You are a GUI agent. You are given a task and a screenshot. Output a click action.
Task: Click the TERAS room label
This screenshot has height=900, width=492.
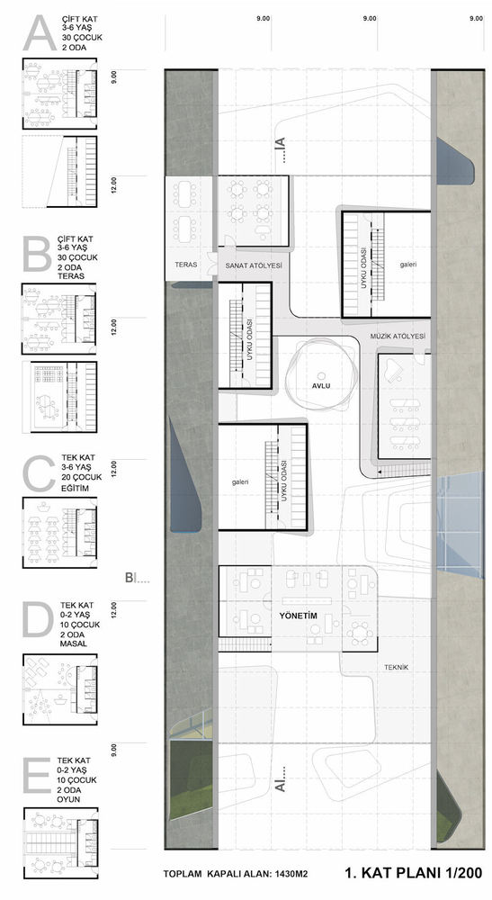(x=186, y=265)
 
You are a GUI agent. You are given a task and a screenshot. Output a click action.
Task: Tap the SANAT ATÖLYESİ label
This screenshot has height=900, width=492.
(x=254, y=265)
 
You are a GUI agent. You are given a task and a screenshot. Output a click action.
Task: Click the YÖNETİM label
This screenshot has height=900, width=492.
(x=299, y=616)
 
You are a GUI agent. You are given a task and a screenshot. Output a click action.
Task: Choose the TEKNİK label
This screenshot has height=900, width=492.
(x=397, y=667)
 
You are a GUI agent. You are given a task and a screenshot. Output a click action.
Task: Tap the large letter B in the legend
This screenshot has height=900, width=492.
(x=37, y=254)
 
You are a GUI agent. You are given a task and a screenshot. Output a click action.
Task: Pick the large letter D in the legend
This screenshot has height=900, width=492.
(x=38, y=619)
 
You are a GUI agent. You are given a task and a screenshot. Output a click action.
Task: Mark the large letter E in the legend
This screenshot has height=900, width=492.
(x=36, y=776)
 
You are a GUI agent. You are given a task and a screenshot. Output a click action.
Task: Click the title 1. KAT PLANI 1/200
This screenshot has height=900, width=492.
(x=414, y=874)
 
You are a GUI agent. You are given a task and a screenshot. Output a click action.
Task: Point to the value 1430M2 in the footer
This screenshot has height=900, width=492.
(x=290, y=875)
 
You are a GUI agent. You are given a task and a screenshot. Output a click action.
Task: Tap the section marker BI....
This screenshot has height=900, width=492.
(x=138, y=578)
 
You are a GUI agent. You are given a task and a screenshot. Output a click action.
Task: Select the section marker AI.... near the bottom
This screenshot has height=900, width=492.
(x=281, y=779)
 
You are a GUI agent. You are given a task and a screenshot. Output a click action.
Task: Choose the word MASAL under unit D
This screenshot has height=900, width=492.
(x=72, y=644)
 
